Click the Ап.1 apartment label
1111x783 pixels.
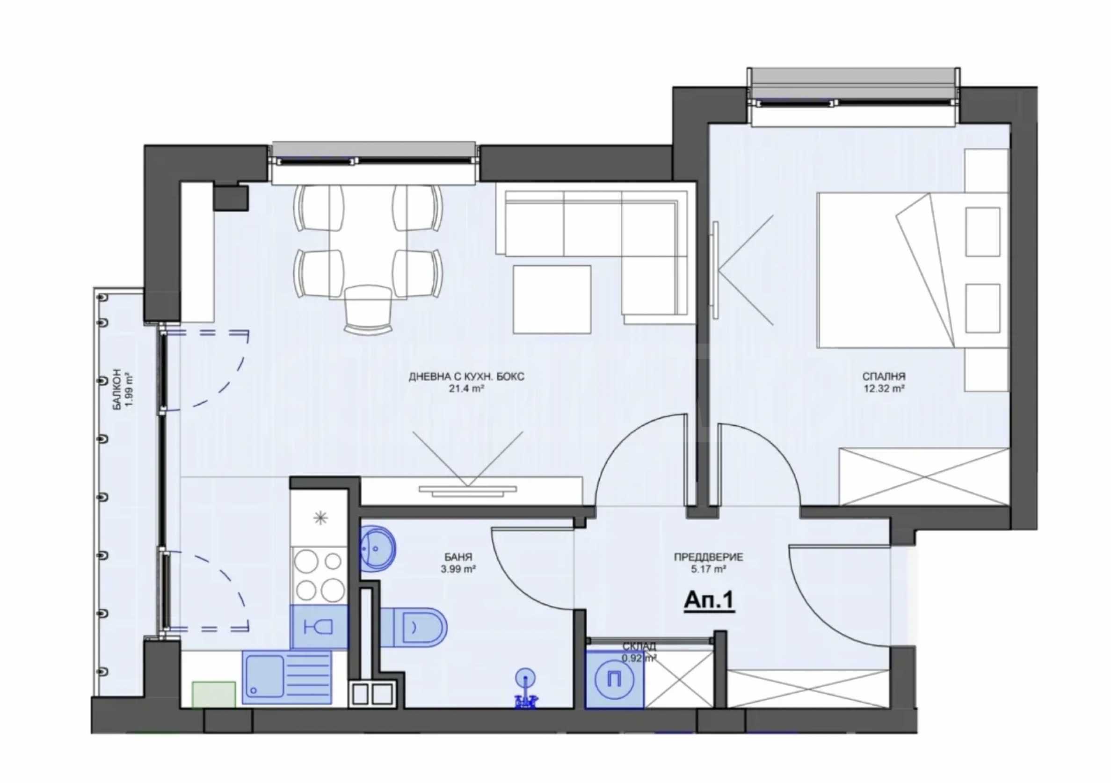[x=709, y=601]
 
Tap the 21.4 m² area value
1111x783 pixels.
[x=466, y=388]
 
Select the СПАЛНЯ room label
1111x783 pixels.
[x=884, y=376]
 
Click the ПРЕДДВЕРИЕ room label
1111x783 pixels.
[x=708, y=557]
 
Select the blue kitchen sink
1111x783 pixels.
[x=287, y=677]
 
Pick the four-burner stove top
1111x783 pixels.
[x=320, y=576]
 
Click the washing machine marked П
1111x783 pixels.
[x=615, y=679]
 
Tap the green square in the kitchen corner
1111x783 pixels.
[x=214, y=695]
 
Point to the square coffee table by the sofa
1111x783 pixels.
[x=552, y=299]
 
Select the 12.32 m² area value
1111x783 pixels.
[x=884, y=388]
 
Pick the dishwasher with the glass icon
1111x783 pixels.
[x=320, y=627]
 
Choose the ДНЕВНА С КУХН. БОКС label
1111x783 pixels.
[x=466, y=376]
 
